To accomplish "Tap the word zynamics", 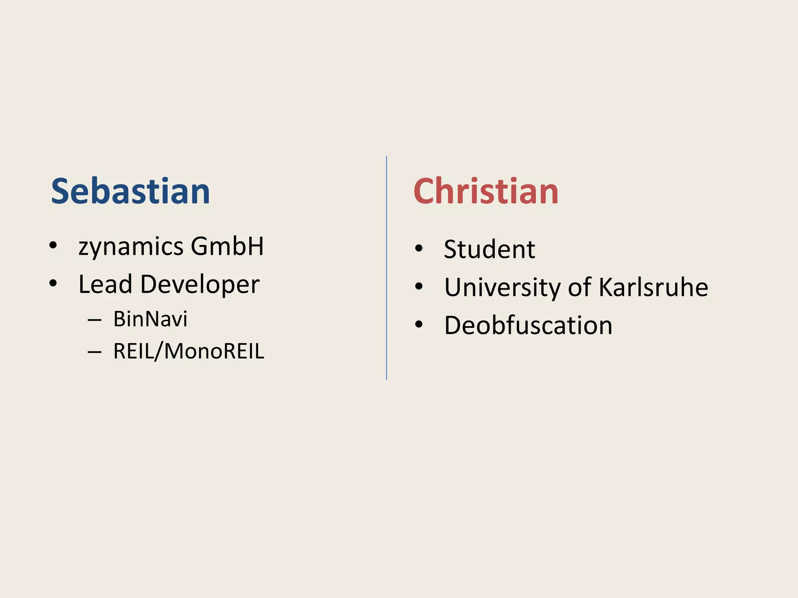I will [x=131, y=247].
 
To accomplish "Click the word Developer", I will [x=200, y=285].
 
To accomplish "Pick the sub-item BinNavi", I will [x=150, y=319].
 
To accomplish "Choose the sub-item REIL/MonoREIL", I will [x=189, y=351].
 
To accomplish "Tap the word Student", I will [x=489, y=249].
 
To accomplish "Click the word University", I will [x=502, y=288].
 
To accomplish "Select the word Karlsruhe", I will [x=653, y=287].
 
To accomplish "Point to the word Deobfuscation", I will [x=528, y=325].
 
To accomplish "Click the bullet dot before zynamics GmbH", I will [x=53, y=246].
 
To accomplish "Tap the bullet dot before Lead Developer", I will [x=53, y=283].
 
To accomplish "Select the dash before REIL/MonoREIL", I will [x=95, y=352].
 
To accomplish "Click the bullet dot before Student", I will [x=419, y=248].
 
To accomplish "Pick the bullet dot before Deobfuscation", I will [x=419, y=324].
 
